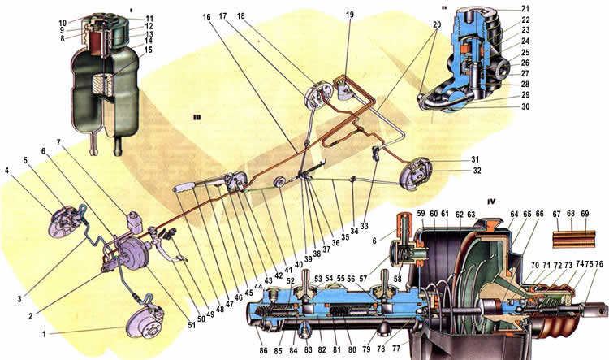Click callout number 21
pos(594,8)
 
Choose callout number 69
pos(584,215)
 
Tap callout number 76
pos(598,264)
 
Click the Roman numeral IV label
pos(491,201)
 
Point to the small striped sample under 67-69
pos(568,238)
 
